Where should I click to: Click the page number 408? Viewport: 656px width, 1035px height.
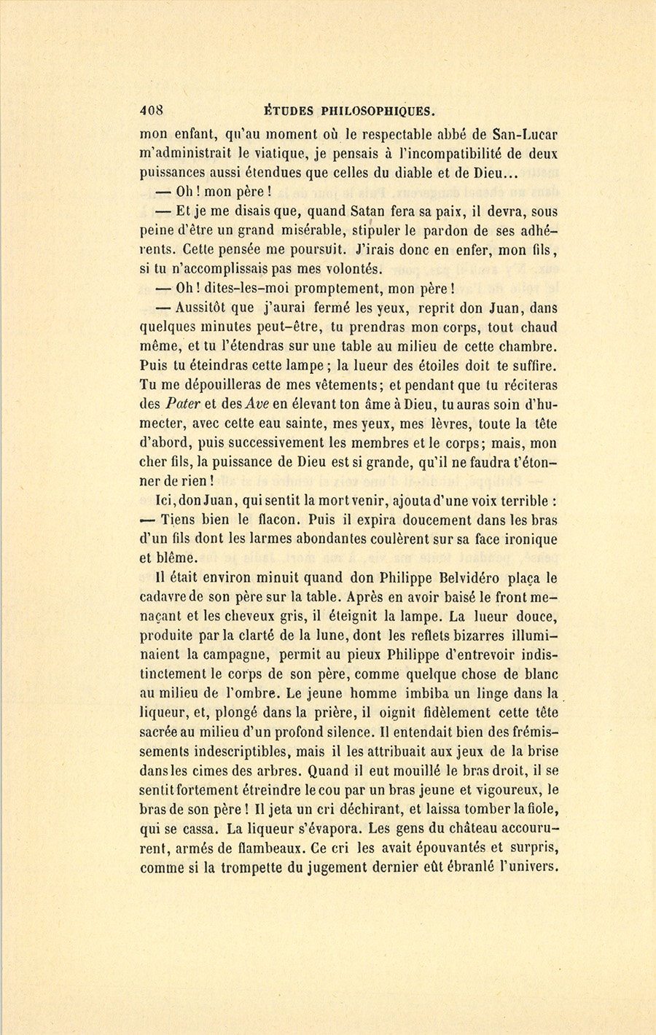[151, 112]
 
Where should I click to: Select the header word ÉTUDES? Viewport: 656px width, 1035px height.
[288, 112]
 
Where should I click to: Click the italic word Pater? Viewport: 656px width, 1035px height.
[184, 405]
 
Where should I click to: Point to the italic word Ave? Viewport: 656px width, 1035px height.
[259, 405]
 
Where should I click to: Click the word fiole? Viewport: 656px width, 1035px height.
[542, 809]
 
